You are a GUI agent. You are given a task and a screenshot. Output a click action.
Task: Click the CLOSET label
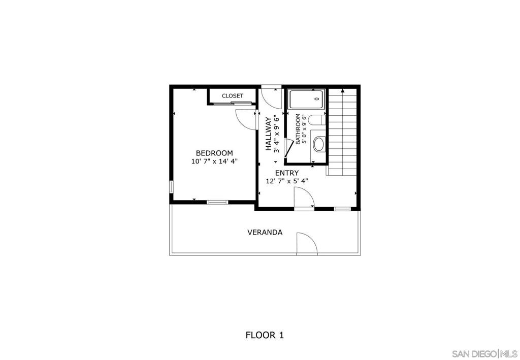tap(233, 96)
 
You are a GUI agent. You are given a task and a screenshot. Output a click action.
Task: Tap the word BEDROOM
tap(214, 153)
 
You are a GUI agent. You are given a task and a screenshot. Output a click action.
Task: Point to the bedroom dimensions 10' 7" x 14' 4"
tap(215, 161)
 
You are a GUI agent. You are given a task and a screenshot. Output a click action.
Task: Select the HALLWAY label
tap(268, 134)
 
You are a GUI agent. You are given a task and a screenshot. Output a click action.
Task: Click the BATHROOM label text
tap(298, 129)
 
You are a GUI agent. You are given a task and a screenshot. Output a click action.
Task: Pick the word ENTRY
tap(287, 173)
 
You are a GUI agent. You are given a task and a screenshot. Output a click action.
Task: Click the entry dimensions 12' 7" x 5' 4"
tap(287, 181)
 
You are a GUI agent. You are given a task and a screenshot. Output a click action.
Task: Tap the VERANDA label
tap(265, 233)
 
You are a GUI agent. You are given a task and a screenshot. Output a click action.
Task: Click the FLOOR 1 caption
tap(265, 335)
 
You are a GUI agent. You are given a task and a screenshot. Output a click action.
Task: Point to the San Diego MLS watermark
tap(485, 353)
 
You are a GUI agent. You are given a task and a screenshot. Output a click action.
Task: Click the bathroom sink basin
tap(319, 145)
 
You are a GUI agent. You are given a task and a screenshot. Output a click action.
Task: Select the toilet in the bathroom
tap(317, 120)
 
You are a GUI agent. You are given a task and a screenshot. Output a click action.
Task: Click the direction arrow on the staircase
tap(343, 91)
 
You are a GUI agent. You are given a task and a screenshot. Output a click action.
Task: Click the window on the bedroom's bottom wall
tap(217, 202)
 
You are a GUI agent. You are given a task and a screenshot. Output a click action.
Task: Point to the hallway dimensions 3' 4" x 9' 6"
tap(276, 134)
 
